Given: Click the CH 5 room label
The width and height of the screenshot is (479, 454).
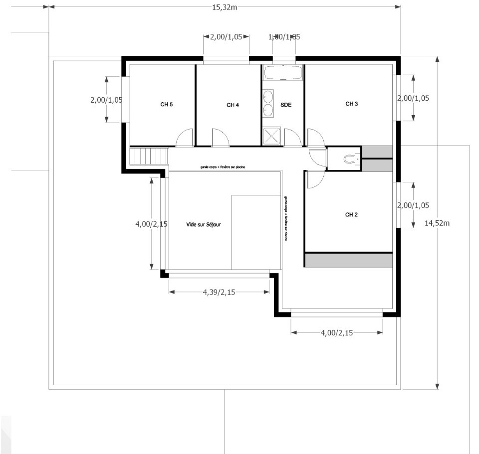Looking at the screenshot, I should pyautogui.click(x=167, y=105).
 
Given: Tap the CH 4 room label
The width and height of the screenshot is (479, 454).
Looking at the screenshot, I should pyautogui.click(x=233, y=105).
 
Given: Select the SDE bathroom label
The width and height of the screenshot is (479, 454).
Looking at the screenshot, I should pyautogui.click(x=286, y=105).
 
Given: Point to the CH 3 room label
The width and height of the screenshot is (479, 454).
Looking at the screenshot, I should pyautogui.click(x=352, y=104).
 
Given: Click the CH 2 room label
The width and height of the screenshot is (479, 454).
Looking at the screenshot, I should pyautogui.click(x=352, y=215).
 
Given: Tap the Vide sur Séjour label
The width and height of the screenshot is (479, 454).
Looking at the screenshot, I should pyautogui.click(x=204, y=225).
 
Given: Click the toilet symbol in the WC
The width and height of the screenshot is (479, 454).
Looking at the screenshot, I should pyautogui.click(x=349, y=159).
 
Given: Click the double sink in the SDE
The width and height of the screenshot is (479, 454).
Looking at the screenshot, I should pyautogui.click(x=268, y=103).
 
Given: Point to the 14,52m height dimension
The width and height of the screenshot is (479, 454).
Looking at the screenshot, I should pyautogui.click(x=438, y=223).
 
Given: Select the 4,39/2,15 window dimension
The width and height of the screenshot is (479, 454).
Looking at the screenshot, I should pyautogui.click(x=219, y=292).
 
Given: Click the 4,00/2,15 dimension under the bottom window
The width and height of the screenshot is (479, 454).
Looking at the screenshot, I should pyautogui.click(x=337, y=333).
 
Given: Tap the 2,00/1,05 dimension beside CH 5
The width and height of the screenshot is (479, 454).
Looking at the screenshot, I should pyautogui.click(x=106, y=100).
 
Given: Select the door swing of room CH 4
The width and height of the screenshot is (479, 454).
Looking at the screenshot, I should pyautogui.click(x=220, y=139).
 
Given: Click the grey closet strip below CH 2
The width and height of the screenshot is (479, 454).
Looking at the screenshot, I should pyautogui.click(x=349, y=260).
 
